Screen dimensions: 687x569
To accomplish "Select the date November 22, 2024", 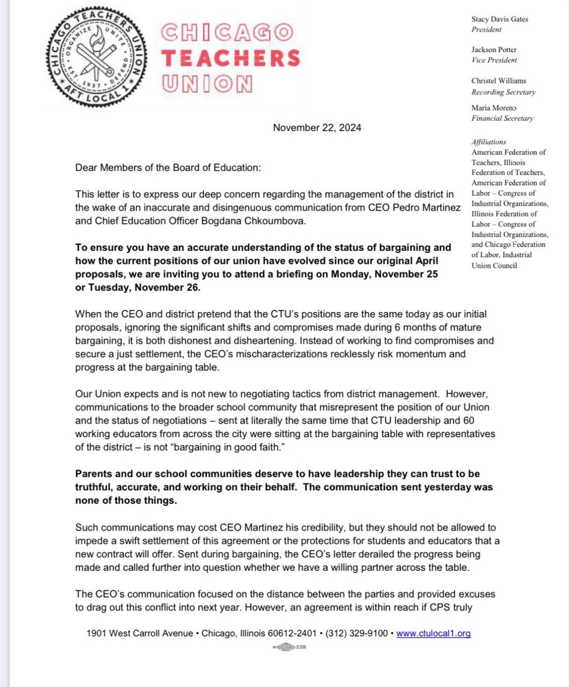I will point(317,128).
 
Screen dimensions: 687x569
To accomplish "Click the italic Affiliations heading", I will point(489,142).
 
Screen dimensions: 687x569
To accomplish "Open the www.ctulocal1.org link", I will point(433,634).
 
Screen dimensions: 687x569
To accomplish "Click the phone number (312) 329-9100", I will point(358,634).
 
